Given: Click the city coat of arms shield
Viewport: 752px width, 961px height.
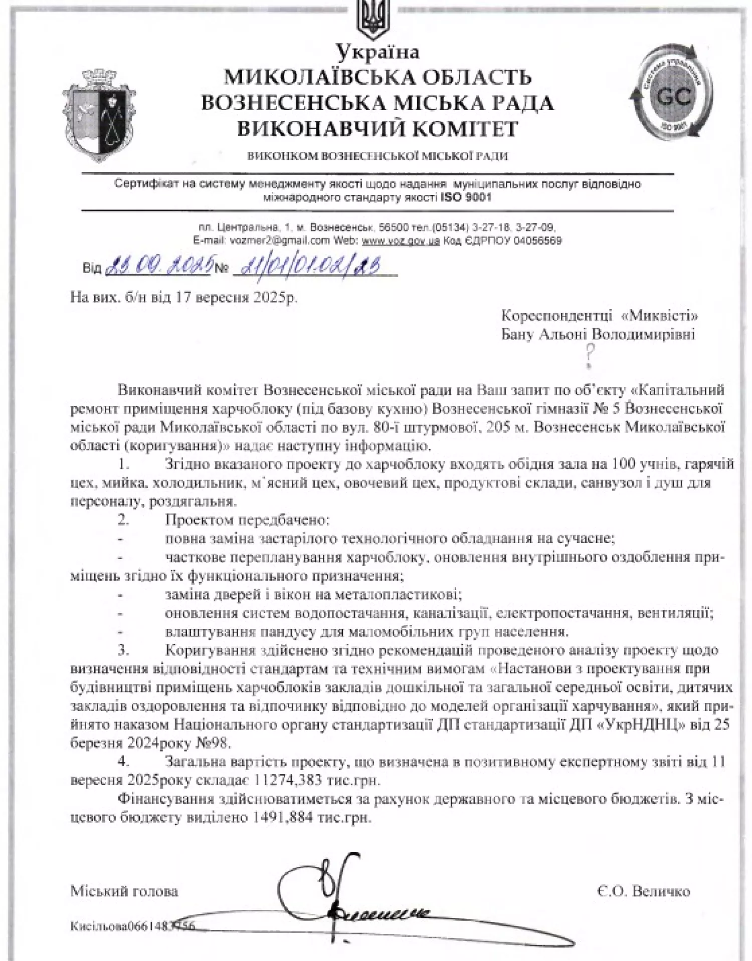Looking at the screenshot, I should [x=99, y=116].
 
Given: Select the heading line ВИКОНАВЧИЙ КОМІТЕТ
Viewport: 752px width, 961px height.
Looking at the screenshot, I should [x=377, y=129].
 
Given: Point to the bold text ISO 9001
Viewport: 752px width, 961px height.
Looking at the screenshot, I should [x=466, y=197].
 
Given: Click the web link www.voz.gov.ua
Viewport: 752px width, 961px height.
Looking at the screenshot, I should [x=401, y=241].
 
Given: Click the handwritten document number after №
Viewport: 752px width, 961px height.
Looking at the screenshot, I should [x=311, y=265].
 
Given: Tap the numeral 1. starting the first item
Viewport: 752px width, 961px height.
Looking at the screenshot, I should [x=123, y=464].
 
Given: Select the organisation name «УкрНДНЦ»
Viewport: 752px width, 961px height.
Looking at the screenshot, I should [x=644, y=725].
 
